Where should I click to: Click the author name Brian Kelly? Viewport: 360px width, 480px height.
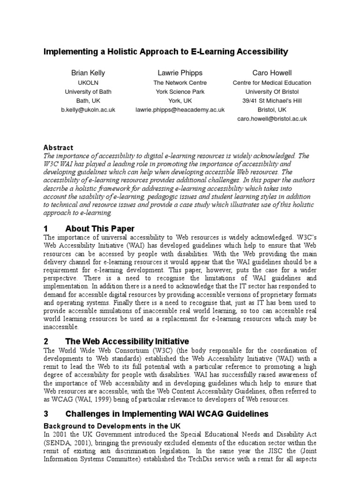pyautogui.click(x=88, y=73)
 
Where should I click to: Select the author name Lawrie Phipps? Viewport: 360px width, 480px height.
pyautogui.click(x=180, y=73)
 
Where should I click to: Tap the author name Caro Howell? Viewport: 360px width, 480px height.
pyautogui.click(x=272, y=73)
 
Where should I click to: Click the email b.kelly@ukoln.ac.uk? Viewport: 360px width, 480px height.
pyautogui.click(x=88, y=110)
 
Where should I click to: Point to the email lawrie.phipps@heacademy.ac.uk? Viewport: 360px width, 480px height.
pyautogui.click(x=180, y=110)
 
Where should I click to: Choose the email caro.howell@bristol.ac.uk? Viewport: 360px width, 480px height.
pyautogui.click(x=272, y=119)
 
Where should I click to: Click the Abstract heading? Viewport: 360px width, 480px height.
pyautogui.click(x=58, y=148)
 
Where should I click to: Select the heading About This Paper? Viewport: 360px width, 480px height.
pyautogui.click(x=100, y=229)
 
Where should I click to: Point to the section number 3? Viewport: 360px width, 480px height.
pyautogui.click(x=46, y=414)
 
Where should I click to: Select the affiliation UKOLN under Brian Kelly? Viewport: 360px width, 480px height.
pyautogui.click(x=88, y=82)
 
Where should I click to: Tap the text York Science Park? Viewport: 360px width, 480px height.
pyautogui.click(x=180, y=92)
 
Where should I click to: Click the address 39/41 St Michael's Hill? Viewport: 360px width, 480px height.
pyautogui.click(x=272, y=101)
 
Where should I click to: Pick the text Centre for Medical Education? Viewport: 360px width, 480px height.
pyautogui.click(x=272, y=82)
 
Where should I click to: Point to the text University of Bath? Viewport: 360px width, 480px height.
pyautogui.click(x=88, y=92)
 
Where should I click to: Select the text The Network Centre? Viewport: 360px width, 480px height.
pyautogui.click(x=180, y=82)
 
